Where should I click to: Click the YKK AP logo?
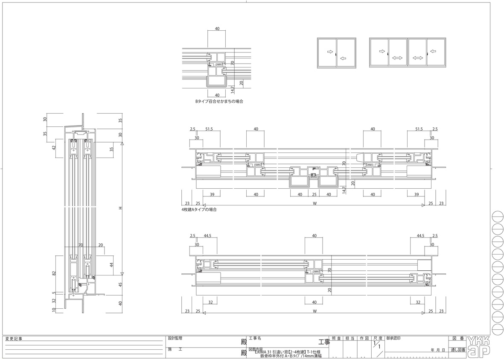478,346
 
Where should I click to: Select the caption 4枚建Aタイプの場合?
199,210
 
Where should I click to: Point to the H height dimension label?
120,208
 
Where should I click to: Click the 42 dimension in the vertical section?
54,148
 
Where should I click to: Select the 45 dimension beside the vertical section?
120,284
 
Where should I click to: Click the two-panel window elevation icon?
337,53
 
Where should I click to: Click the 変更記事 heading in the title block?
14,339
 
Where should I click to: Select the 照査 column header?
336,338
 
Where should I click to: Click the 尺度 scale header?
378,338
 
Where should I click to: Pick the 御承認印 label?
393,338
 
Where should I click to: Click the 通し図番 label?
457,350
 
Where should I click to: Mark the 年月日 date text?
438,350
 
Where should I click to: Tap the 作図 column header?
364,338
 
